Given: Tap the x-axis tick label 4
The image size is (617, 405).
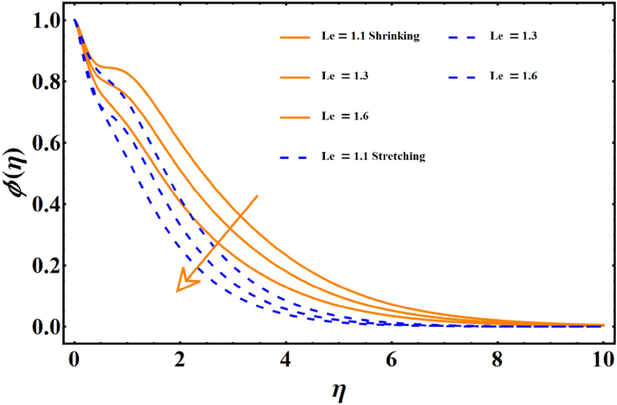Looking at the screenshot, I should tap(286, 359).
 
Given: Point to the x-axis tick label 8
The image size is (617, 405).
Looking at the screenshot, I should tap(497, 359).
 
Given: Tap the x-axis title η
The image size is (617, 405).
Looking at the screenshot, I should tap(339, 391).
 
